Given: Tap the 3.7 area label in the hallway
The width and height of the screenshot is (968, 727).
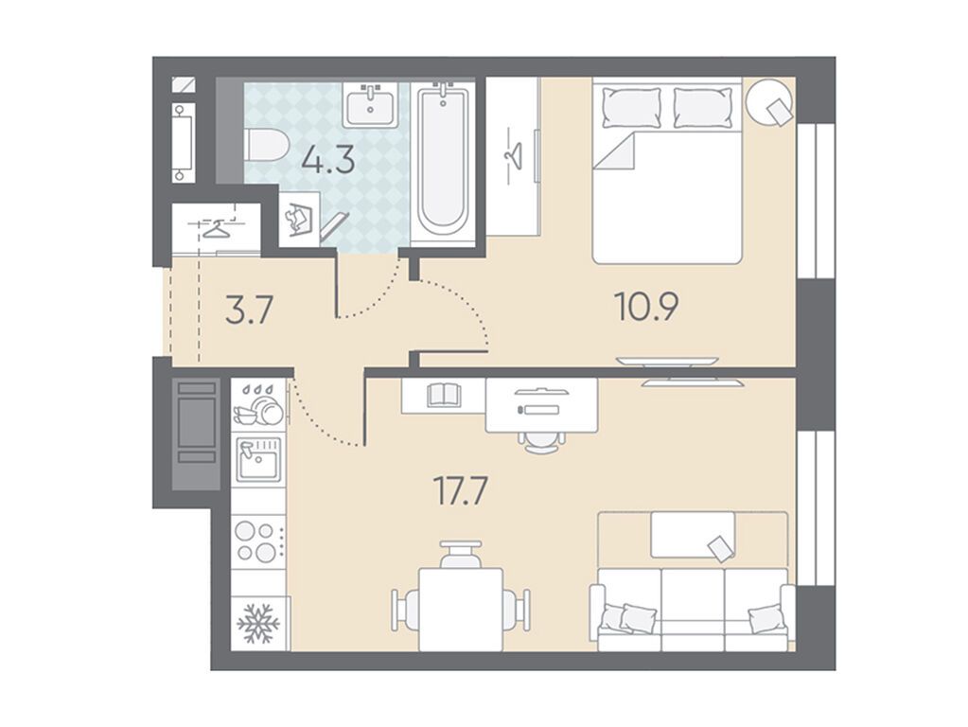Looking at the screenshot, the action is (x=249, y=310).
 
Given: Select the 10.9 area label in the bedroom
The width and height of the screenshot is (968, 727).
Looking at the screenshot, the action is (x=647, y=307).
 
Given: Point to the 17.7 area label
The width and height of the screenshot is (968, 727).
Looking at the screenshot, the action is (x=461, y=491).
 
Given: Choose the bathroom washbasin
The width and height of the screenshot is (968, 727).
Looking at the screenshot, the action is (x=370, y=104).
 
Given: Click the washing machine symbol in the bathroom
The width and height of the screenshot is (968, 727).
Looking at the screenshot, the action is (x=299, y=219).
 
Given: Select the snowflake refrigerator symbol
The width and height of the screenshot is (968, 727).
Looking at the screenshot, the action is (x=258, y=623).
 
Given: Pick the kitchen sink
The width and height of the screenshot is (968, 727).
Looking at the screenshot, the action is (x=258, y=459).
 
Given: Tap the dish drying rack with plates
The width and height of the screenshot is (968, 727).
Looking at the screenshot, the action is (x=258, y=406).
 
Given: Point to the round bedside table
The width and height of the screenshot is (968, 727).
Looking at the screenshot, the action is (x=769, y=102).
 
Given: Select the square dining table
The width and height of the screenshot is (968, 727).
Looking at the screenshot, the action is (x=461, y=610).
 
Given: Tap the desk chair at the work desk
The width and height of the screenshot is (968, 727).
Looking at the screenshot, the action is (x=541, y=441).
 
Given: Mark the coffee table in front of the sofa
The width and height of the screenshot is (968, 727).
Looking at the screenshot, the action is (x=693, y=534).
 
